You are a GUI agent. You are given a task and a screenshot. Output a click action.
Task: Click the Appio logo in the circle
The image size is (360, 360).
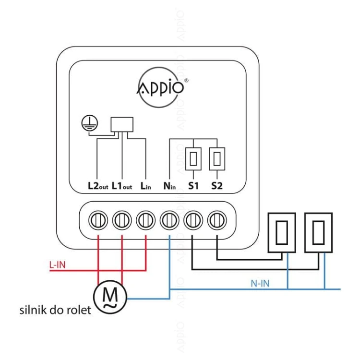tap(160, 87)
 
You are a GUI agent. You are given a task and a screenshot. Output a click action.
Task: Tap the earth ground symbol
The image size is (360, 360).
tap(90, 123)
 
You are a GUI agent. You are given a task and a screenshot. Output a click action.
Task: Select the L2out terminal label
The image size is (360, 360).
tap(98, 186)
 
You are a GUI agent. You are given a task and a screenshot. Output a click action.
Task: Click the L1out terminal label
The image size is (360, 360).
tap(122, 186)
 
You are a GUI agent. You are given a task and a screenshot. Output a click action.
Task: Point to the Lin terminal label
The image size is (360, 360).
tap(146, 186)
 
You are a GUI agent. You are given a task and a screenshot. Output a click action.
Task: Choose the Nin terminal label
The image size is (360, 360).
tap(169, 186)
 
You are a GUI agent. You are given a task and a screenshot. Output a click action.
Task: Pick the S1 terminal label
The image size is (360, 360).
tap(193, 186)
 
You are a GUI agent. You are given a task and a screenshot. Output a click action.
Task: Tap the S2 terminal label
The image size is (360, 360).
tap(217, 186)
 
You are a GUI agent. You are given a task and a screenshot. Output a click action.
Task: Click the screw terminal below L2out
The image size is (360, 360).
tap(98, 220)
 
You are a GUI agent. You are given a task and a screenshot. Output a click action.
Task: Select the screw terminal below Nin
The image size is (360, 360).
tap(169, 220)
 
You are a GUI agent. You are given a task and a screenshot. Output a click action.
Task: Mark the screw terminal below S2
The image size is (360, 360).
tap(217, 220)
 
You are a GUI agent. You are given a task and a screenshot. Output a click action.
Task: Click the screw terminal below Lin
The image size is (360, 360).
tap(146, 220)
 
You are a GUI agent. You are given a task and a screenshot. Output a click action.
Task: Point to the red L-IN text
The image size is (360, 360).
tap(58, 265)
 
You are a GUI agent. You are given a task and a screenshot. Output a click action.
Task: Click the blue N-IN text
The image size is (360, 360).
tap(260, 284)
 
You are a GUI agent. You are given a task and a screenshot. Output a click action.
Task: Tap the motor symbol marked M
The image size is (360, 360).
tap(110, 297)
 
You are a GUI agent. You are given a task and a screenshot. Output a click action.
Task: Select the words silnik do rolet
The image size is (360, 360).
tap(55, 310)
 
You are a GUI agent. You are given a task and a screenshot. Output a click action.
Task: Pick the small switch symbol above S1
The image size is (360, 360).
tap(193, 159)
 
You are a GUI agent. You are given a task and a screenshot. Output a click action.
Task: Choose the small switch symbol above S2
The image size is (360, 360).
tap(217, 159)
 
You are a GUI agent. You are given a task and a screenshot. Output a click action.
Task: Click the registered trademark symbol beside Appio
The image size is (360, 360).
tap(186, 80)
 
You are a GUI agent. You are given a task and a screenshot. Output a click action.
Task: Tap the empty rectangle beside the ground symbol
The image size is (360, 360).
tap(122, 125)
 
